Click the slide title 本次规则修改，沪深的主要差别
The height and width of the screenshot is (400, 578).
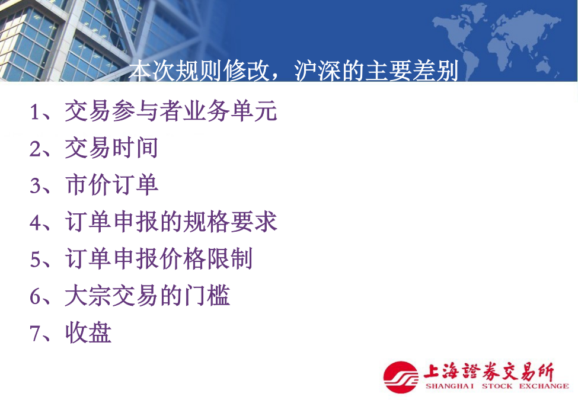294,71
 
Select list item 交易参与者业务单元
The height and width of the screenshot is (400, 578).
171,110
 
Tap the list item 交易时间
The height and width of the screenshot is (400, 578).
111,148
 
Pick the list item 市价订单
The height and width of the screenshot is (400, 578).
111,184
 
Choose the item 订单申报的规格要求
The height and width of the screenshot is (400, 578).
171,222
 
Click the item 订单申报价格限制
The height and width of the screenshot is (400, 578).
159,258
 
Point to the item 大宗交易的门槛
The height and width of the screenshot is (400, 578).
148,295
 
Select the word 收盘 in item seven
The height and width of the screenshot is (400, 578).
88,332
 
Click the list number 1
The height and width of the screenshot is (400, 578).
35,111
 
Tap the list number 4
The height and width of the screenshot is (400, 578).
35,222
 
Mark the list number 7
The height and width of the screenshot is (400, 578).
35,333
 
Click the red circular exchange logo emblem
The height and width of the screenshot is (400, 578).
401,377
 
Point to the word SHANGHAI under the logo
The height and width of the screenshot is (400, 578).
449,386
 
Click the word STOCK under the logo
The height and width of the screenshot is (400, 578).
497,386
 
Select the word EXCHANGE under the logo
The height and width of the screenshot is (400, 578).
544,386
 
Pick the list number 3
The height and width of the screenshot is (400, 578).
35,185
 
